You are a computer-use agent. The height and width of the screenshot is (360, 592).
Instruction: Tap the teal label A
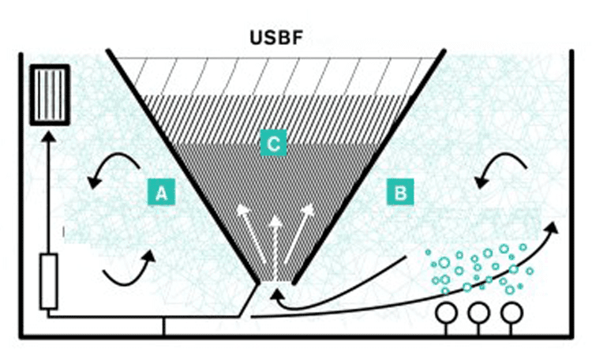pos(161,192)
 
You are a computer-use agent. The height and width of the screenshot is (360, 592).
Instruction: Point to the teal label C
pos(273,144)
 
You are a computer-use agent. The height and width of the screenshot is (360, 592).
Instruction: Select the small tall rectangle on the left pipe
pos(49,281)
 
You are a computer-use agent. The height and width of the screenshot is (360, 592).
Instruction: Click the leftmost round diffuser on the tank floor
pos(448,313)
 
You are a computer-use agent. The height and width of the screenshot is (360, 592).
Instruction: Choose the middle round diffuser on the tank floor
pos(478,313)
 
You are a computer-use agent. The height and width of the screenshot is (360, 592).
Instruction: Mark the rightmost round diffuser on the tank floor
pos(510,313)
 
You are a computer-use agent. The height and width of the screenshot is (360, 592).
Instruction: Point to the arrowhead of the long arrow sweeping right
pos(551,227)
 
